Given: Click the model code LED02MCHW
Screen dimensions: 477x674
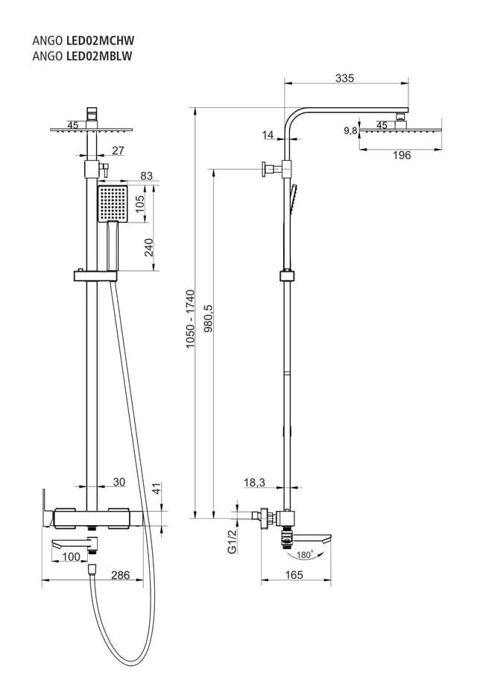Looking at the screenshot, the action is pyautogui.click(x=100, y=40).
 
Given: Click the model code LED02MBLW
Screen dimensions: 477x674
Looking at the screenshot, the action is pyautogui.click(x=99, y=57).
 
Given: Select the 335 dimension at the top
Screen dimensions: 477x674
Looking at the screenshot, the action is pyautogui.click(x=344, y=78).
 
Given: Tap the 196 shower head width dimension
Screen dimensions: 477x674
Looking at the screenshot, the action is pyautogui.click(x=402, y=155).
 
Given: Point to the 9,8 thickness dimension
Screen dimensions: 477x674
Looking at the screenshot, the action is pyautogui.click(x=350, y=130).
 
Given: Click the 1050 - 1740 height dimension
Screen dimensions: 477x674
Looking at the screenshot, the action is pyautogui.click(x=190, y=319).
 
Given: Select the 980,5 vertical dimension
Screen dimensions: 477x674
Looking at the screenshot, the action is pyautogui.click(x=209, y=319).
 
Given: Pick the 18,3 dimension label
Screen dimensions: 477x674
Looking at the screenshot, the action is pyautogui.click(x=254, y=483).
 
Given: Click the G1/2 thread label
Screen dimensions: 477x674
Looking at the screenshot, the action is pyautogui.click(x=232, y=541).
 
